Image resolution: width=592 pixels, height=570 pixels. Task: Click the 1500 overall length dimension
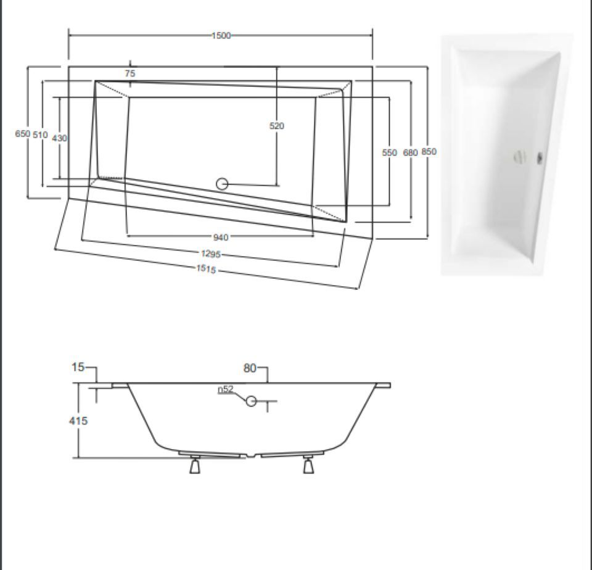[x=221, y=36]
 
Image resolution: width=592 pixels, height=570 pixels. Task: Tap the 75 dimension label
[x=130, y=73]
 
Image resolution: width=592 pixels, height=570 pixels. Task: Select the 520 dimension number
[x=277, y=126]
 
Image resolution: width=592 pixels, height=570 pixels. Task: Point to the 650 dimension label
[x=22, y=134]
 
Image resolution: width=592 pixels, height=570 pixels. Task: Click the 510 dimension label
[x=41, y=134]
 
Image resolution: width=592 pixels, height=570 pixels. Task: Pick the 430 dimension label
[x=59, y=138]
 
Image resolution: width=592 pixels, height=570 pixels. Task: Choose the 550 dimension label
[x=390, y=152]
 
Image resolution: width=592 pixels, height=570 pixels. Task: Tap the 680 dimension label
[x=411, y=152]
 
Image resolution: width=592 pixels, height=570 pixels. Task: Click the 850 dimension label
[x=429, y=152]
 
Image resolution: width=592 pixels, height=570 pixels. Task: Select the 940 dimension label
[x=221, y=238]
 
